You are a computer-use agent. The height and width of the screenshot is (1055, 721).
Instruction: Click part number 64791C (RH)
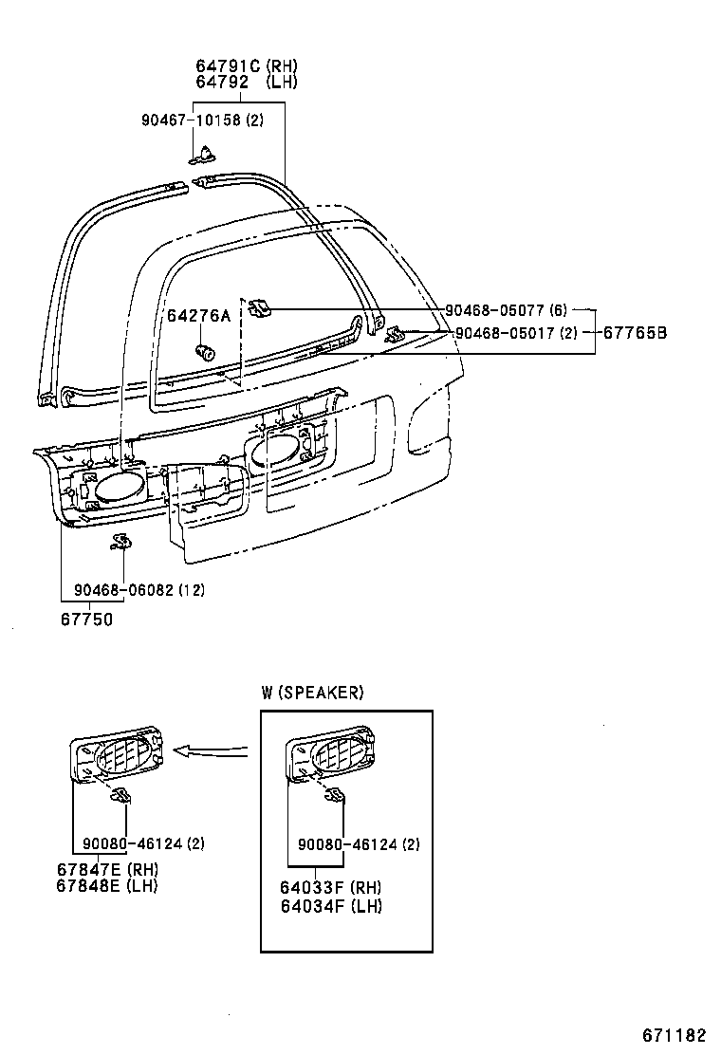246,66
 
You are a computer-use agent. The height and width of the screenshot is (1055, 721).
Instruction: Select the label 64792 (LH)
246,83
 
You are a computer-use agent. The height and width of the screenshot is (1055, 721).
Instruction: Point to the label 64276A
199,315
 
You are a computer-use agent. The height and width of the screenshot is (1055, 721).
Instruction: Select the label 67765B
636,332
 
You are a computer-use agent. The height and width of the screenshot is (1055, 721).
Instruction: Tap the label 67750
86,619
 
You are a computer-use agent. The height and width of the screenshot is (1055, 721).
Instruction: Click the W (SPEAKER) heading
312,693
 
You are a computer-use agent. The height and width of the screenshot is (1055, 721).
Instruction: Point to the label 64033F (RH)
331,889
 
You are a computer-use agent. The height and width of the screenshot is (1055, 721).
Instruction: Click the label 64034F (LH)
331,906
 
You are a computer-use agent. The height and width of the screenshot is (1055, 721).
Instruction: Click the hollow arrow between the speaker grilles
213,752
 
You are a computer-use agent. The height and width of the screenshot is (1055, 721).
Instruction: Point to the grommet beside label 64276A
204,353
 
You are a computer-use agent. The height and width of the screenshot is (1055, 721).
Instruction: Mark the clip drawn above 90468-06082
120,542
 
